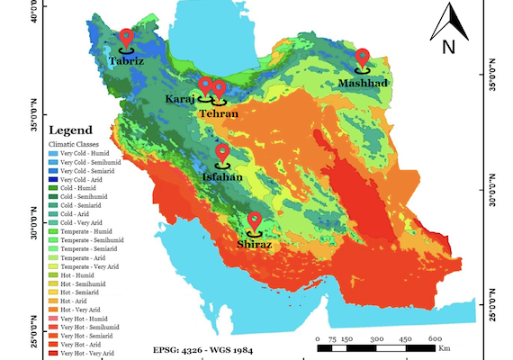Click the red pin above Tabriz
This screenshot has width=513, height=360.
coord(126,38)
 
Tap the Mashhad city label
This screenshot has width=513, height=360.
coord(363,84)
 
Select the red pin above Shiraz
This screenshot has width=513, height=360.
coord(255,220)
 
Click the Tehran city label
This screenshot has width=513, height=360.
coord(219,114)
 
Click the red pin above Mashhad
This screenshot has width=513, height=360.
coord(363,58)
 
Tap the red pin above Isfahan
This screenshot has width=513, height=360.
coord(222,153)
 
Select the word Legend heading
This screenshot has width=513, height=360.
coord(70,131)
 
